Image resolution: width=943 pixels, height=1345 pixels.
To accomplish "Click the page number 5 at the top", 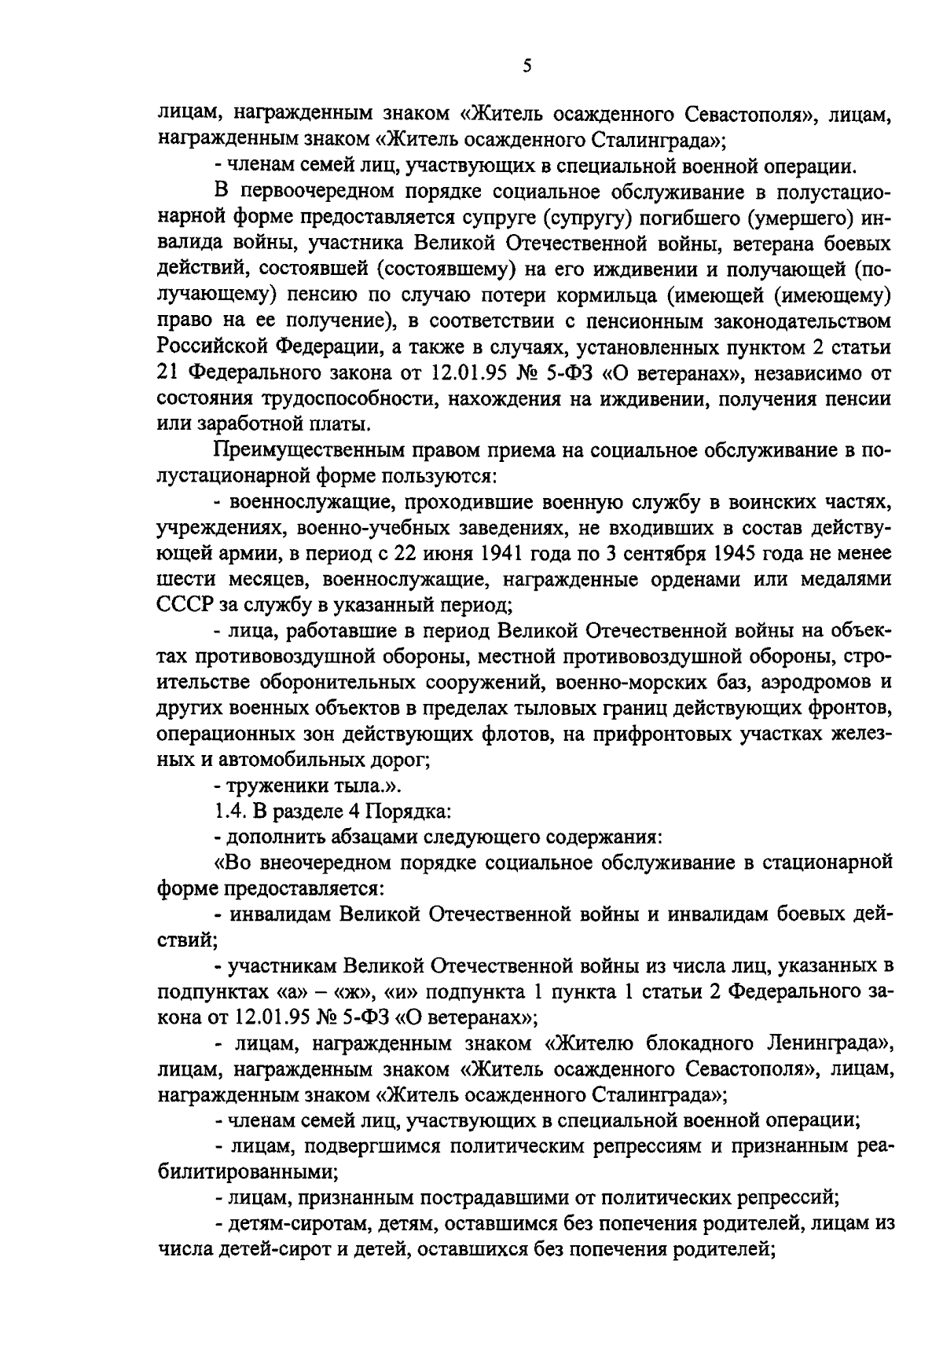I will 527,67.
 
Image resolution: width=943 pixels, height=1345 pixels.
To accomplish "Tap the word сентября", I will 662,554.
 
